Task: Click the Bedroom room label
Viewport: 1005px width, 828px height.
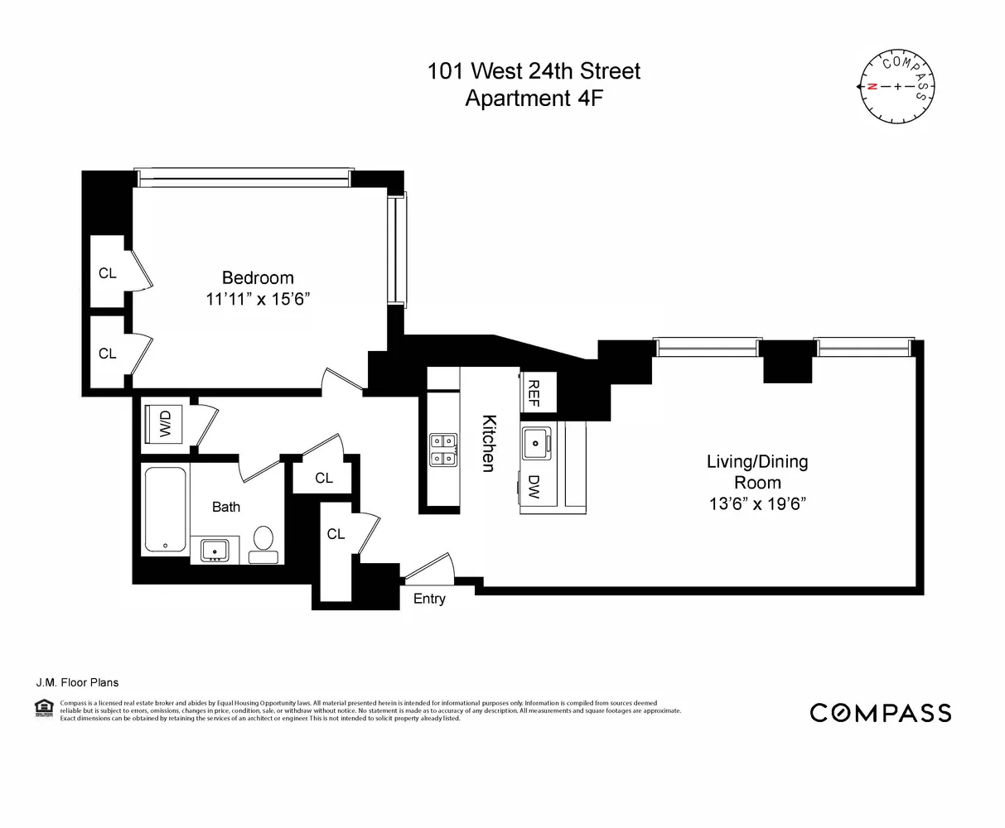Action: coord(257,278)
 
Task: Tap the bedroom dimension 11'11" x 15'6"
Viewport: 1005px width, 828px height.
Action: coord(257,300)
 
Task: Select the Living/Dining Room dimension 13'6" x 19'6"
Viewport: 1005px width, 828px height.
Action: coord(756,503)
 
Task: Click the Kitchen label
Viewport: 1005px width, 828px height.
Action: coord(489,443)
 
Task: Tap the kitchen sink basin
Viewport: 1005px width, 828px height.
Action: coord(537,444)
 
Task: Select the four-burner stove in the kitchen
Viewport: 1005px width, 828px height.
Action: coord(441,449)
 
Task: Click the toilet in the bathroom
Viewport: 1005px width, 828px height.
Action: coord(263,540)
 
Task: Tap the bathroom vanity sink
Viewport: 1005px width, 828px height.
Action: coord(215,549)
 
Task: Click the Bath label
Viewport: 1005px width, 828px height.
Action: coord(226,506)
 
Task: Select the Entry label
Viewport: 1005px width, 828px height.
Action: coord(429,599)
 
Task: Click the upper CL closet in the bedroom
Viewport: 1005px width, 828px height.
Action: coord(108,272)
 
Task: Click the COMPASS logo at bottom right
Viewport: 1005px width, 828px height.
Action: coord(880,712)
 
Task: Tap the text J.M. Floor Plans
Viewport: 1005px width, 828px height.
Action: coord(77,682)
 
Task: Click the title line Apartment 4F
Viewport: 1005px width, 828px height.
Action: coord(534,99)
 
